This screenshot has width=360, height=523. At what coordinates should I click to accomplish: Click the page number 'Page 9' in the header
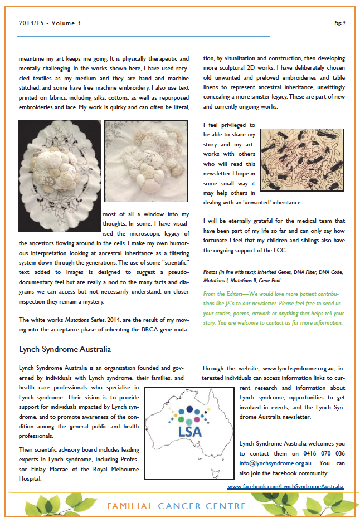tap(340, 23)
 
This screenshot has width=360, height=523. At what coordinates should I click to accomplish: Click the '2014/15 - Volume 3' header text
tap(50, 23)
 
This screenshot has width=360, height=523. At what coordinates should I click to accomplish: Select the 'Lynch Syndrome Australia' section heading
tap(65, 350)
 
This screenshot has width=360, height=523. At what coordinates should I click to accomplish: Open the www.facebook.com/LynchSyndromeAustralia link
tap(285, 486)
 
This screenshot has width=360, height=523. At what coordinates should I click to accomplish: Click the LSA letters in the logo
tap(190, 432)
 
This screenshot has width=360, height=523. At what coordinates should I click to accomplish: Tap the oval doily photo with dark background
tap(59, 176)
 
